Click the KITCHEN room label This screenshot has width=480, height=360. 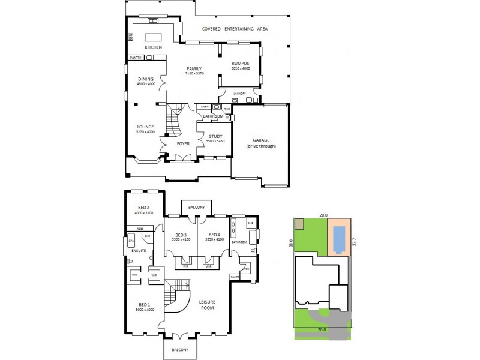coord(154,47)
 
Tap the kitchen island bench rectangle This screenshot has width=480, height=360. coord(154,36)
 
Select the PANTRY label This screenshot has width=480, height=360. coord(135,58)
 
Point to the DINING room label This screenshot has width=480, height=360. coord(146,79)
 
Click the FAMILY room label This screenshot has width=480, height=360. coord(194,68)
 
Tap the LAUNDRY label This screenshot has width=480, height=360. coord(240,94)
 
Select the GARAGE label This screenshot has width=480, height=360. coord(260,141)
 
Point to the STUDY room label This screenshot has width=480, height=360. coord(215,136)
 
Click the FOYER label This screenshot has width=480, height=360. coord(183,143)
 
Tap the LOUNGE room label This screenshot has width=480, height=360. coord(145,127)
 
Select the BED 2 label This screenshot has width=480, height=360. coord(143,207)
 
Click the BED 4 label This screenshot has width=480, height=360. coord(214,235)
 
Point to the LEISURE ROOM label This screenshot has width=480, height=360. coord(207,304)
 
